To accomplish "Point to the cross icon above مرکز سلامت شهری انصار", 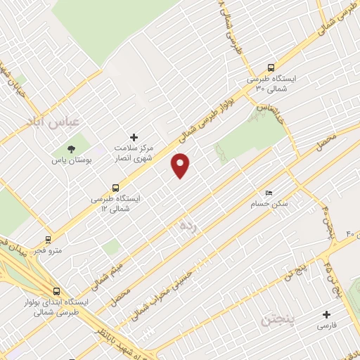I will click(x=134, y=136).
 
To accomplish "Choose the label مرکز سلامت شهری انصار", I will click(x=134, y=153).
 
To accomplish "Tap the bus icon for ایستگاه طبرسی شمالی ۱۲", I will click(x=116, y=188).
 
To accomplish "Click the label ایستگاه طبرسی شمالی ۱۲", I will click(x=115, y=204).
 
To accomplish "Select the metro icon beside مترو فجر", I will click(x=48, y=238).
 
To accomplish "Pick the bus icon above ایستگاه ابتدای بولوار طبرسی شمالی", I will click(x=56, y=290).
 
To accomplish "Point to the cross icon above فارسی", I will click(x=326, y=314).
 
